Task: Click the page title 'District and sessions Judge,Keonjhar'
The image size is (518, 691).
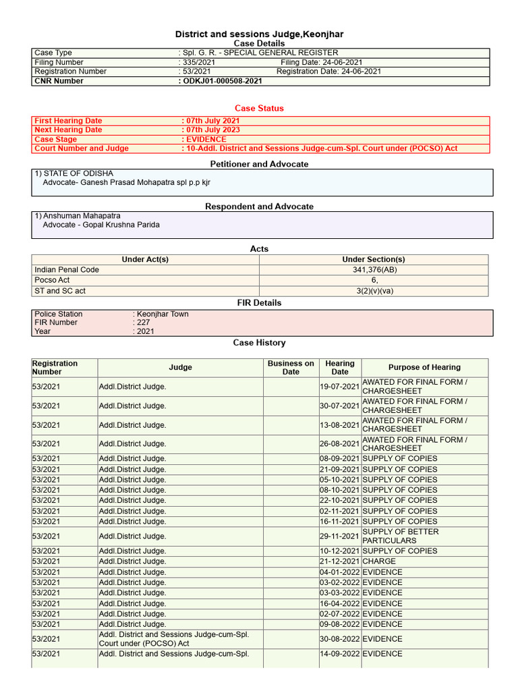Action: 259,34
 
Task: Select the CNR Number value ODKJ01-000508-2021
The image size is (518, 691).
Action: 221,81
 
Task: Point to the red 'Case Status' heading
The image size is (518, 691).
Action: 259,108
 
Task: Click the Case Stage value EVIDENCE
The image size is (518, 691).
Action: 206,139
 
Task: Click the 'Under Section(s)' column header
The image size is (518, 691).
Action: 373,259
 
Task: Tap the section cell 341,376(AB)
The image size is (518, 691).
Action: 373,269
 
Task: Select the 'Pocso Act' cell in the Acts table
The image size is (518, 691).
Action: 53,280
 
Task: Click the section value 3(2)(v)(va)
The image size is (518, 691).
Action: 373,291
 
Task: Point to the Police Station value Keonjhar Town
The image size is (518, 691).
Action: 163,314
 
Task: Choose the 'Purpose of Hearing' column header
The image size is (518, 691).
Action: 424,367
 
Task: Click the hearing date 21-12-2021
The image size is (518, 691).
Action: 340,561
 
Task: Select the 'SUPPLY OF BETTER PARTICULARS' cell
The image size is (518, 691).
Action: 400,536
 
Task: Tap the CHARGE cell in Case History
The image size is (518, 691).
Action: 380,561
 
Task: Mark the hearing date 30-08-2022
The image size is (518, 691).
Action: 340,638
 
